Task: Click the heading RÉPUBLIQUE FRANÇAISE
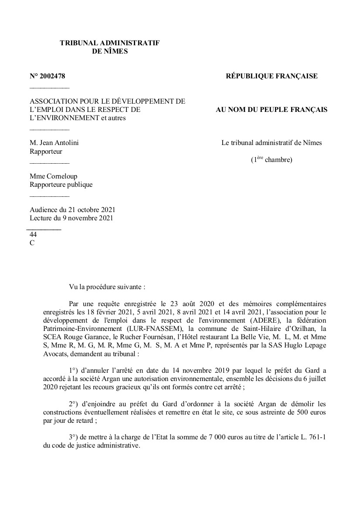272,76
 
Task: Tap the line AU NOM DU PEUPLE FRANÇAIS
272,110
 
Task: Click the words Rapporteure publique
61,185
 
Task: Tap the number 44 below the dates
33,235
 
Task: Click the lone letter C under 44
32,243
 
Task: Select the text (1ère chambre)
271,160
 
